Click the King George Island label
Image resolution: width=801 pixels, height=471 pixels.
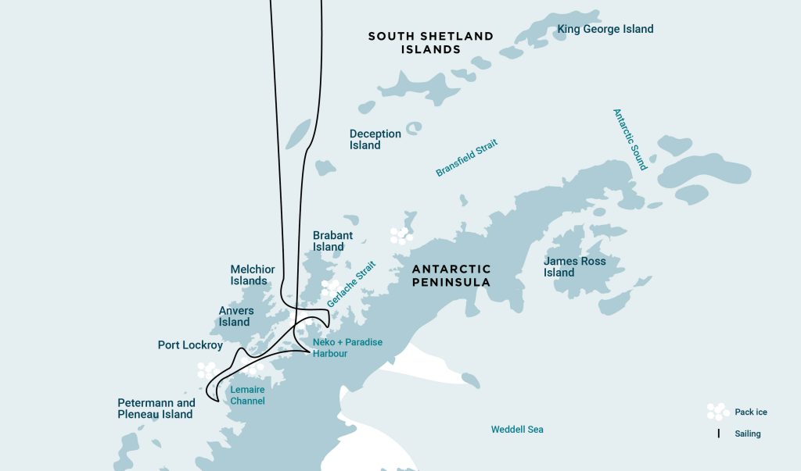tap(605, 30)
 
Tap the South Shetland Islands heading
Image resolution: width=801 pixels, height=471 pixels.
tap(430, 42)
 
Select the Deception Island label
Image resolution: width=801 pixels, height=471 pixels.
tap(375, 139)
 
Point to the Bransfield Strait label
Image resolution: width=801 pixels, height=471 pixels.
tap(466, 158)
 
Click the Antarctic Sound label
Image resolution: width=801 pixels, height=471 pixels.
tap(630, 139)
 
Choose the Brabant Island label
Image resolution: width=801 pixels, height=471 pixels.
tap(332, 241)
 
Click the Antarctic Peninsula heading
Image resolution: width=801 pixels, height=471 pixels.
tap(451, 275)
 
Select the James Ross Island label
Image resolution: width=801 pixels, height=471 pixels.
tap(575, 266)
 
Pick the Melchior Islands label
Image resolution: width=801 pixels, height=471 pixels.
tap(253, 275)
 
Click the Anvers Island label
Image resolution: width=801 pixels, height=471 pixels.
tap(235, 316)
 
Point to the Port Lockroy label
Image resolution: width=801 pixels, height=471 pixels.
tap(190, 344)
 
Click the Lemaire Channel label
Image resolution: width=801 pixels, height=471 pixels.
tap(246, 395)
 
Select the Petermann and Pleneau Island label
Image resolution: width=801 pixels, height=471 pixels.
tap(155, 409)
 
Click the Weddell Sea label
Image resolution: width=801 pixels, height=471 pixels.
tap(517, 430)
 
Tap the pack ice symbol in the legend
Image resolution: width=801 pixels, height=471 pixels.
tap(718, 412)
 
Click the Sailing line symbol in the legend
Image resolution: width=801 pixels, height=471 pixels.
tap(718, 433)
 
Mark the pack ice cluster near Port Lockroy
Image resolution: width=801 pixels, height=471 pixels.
tap(207, 369)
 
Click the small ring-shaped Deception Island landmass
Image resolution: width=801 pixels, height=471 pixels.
tap(414, 127)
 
